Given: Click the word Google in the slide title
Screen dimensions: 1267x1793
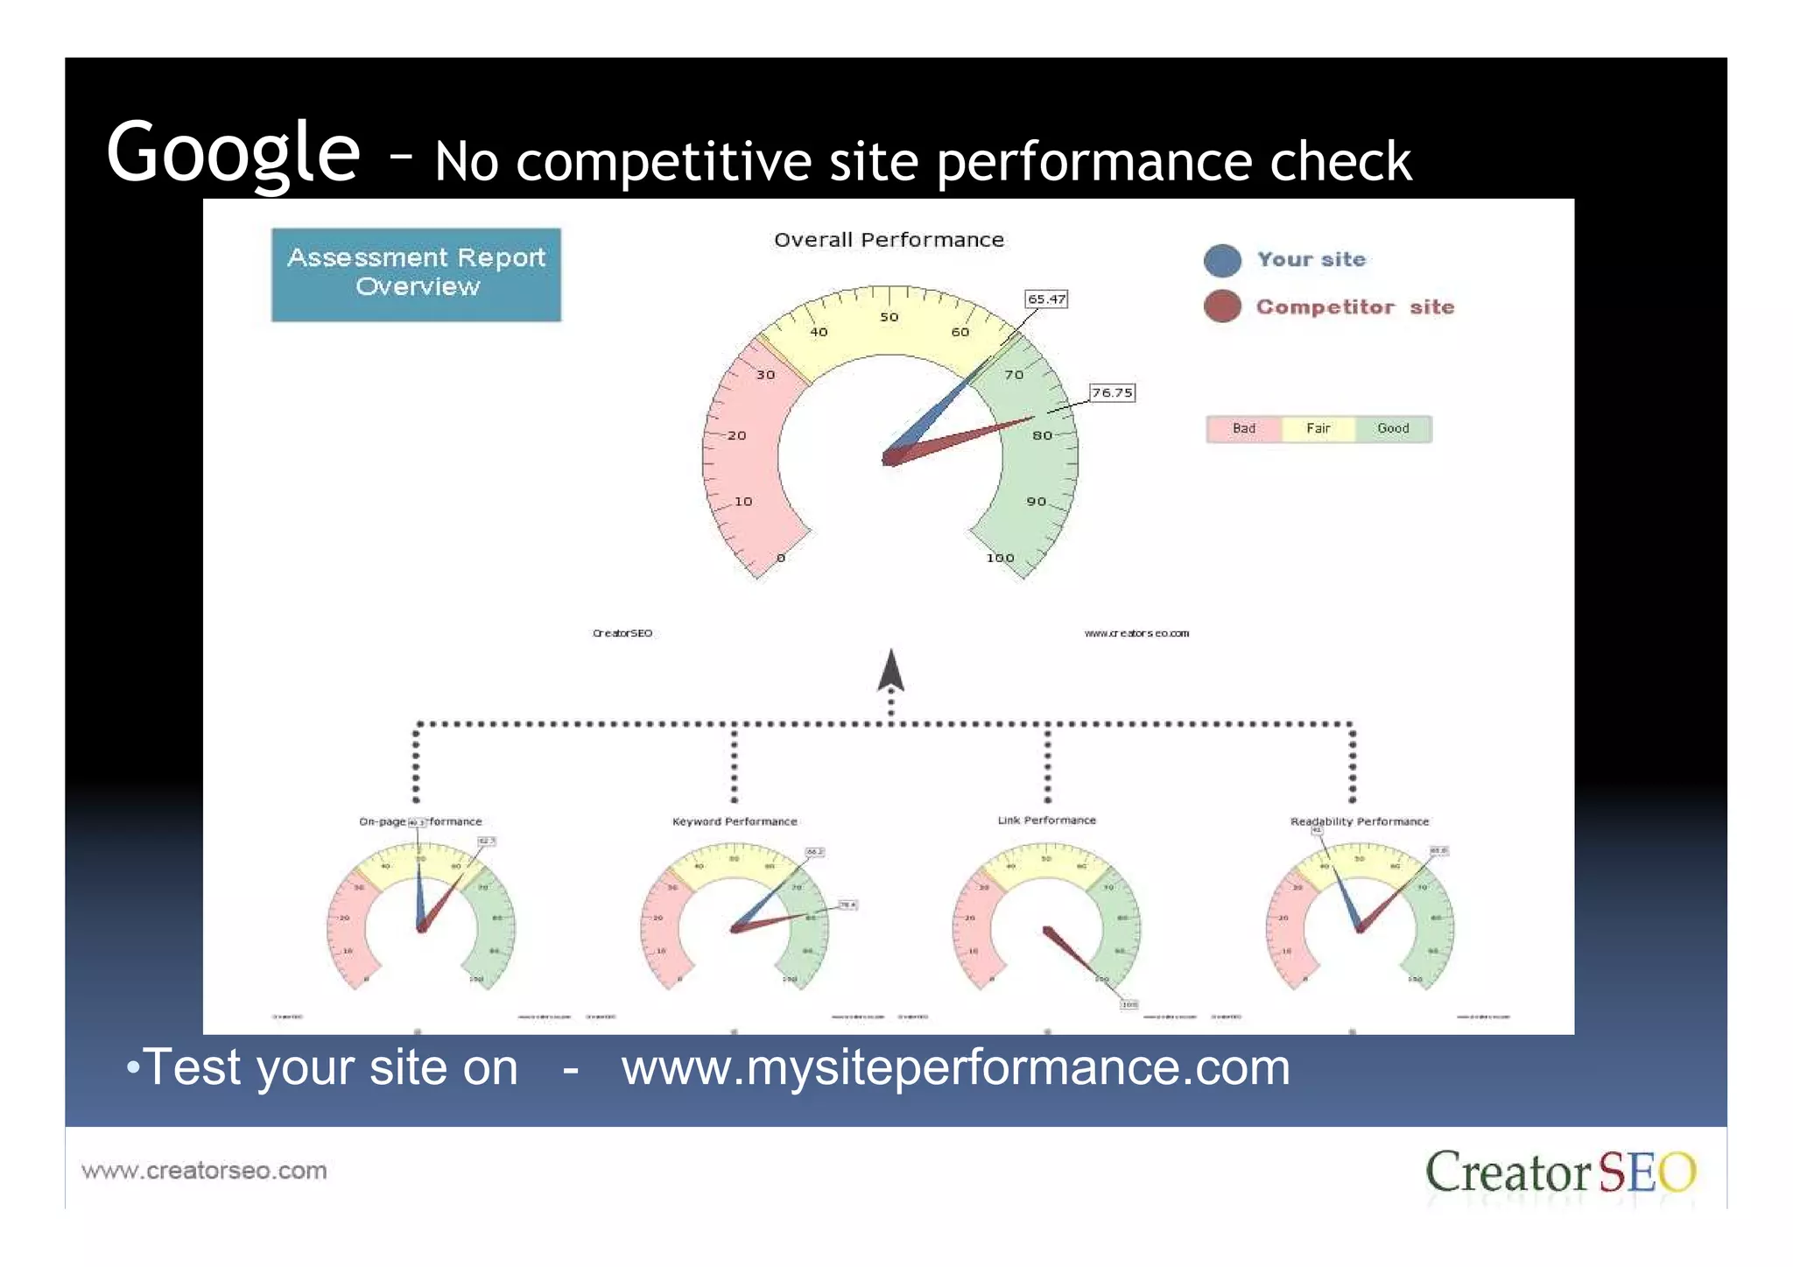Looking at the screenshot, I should pos(233,152).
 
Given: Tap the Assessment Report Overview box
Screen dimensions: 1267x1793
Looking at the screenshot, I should pos(416,274).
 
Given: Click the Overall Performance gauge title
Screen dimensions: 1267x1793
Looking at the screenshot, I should pos(889,240).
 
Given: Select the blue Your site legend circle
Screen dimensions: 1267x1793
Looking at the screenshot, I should pos(1222,260).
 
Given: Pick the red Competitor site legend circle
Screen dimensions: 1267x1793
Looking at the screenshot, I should pos(1222,306).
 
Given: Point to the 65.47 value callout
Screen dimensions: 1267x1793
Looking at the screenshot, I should pos(1046,299).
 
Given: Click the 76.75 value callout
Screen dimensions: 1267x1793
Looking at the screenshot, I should pos(1112,392).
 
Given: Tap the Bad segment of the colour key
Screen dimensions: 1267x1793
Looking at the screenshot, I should pos(1243,429).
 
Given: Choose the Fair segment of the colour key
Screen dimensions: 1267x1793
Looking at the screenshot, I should pos(1318,429).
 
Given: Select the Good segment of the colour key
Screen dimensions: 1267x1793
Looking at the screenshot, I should pos(1393,429).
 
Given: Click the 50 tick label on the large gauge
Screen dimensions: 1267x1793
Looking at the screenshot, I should pos(889,317).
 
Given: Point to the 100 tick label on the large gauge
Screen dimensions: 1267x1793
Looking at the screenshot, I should pos(1000,558).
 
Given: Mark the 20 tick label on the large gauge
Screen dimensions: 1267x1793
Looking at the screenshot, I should pos(737,435).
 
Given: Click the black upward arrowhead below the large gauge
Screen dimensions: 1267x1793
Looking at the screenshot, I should pos(890,671).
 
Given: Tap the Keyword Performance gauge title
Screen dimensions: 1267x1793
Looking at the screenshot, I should pos(735,821).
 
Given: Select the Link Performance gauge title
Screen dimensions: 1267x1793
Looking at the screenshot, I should pos(1046,820).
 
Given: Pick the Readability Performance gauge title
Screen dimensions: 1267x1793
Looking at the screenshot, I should pos(1359,821).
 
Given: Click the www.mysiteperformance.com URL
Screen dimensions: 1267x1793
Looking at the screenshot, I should pos(955,1068).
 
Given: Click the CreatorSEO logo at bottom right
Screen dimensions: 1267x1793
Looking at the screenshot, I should pos(1560,1172).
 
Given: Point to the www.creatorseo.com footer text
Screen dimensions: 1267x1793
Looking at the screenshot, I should pos(204,1171).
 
